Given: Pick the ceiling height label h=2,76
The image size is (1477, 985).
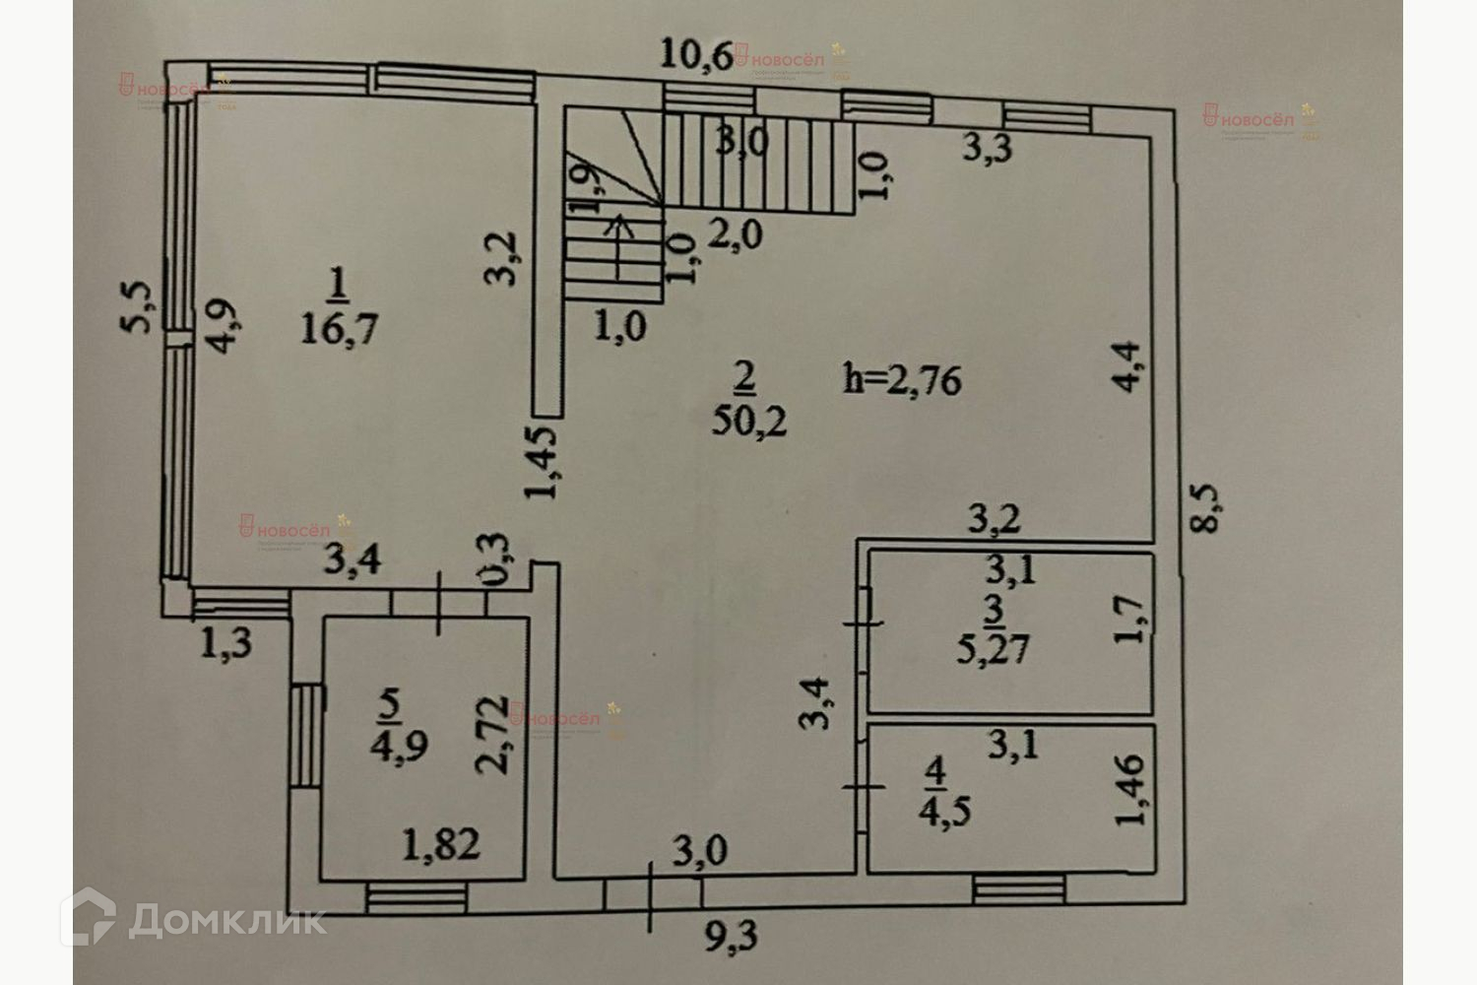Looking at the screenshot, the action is click(x=902, y=379).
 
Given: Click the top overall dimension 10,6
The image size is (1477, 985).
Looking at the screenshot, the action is click(x=695, y=54).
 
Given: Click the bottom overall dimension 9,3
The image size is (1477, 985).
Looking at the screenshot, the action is click(x=732, y=935).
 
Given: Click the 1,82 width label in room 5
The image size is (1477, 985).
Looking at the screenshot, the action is click(x=441, y=843).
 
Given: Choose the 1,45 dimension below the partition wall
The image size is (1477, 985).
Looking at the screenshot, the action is click(x=543, y=461).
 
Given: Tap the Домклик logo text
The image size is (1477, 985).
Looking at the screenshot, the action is click(x=226, y=920).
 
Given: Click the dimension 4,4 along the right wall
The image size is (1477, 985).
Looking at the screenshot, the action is click(x=1128, y=365).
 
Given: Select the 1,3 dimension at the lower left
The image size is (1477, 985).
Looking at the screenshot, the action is click(x=225, y=644).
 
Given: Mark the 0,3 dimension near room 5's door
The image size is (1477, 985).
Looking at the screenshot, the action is click(x=500, y=561).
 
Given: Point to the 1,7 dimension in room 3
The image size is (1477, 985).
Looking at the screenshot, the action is click(x=1129, y=621).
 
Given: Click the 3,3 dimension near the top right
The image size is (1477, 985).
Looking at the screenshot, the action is click(x=987, y=149).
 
